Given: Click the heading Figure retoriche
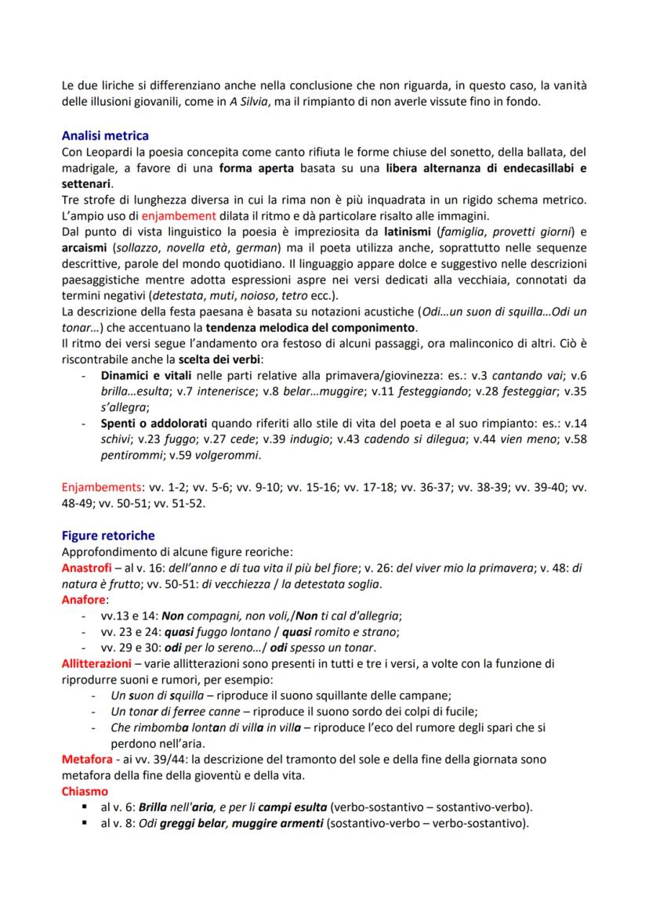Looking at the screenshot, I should point(108,536).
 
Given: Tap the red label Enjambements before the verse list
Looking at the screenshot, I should point(94,487).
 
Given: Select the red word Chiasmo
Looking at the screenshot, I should point(82,791).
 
